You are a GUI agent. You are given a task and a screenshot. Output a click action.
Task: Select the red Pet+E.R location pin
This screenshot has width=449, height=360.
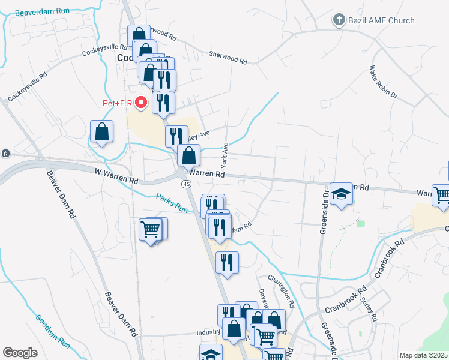click(142, 103)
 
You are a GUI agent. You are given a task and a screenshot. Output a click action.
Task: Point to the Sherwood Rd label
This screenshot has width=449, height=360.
click(228, 58)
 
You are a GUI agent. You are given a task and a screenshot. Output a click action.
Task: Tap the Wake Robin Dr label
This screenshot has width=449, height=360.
click(383, 82)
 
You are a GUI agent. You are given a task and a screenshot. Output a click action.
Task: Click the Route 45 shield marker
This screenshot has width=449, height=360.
click(187, 184)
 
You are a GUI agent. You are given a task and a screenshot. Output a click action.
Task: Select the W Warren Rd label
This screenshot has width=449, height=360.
click(116, 176)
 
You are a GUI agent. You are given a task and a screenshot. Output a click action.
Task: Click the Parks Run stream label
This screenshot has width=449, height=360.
click(172, 203)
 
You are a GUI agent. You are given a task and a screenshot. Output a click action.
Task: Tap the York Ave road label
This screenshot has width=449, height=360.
click(224, 155)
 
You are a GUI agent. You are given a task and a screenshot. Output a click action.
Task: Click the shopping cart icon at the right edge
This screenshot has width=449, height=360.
click(441, 196)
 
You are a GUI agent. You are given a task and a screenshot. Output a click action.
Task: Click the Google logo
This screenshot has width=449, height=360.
click(20, 353)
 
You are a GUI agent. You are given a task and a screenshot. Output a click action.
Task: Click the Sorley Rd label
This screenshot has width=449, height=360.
click(367, 308)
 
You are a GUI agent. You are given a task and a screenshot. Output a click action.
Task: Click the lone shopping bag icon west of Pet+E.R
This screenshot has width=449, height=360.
click(102, 131)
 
